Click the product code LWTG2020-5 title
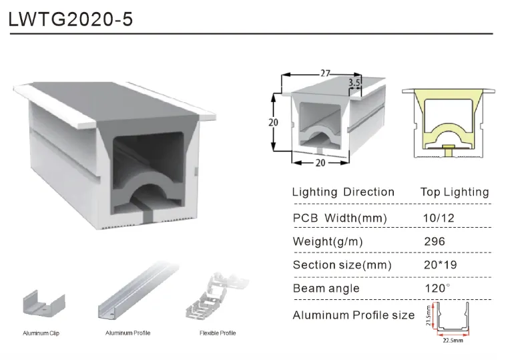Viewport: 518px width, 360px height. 70,19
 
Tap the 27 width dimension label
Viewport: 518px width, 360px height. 325,73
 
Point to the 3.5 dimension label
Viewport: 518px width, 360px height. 354,83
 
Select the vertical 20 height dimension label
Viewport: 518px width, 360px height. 273,122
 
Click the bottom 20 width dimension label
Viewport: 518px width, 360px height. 320,163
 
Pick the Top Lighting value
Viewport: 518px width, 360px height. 455,192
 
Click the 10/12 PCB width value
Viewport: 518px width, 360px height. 439,218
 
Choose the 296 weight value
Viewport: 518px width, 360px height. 435,241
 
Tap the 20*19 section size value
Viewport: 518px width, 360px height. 441,264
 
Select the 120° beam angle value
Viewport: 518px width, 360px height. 437,289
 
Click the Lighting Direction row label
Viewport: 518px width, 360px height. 343,192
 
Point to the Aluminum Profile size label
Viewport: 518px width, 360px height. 354,315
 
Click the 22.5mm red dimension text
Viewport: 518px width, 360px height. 453,340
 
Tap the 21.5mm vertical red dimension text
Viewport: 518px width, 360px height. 429,316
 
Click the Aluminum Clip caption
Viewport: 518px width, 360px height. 41,333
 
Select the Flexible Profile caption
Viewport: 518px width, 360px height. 218,333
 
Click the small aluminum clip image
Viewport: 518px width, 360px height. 44,305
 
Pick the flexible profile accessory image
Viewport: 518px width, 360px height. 216,297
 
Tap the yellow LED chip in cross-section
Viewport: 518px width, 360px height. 449,147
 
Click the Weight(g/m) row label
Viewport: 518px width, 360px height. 328,242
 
